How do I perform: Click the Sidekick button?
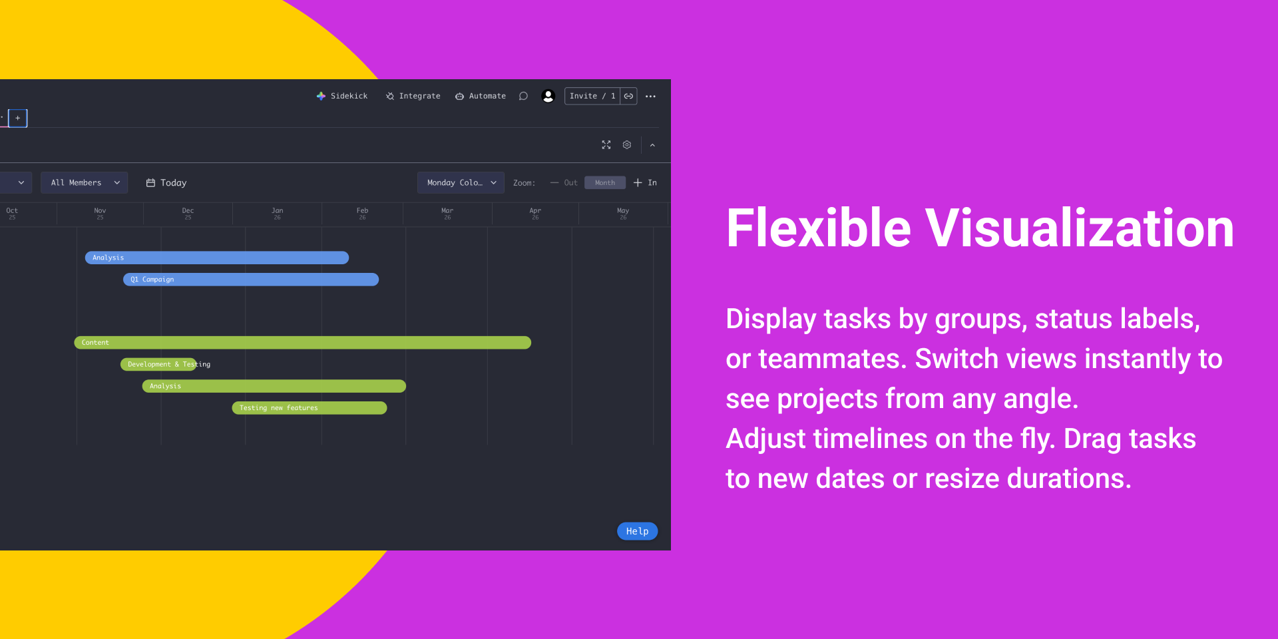pos(342,96)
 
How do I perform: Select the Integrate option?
pos(413,96)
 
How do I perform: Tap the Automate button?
pos(481,96)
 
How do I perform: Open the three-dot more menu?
pos(650,97)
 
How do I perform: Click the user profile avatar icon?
pos(548,96)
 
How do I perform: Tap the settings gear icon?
pos(627,144)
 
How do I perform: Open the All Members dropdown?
pos(84,182)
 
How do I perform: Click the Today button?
pos(166,182)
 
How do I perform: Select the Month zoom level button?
pos(605,182)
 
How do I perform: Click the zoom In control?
pos(645,182)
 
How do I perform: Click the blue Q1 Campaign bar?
pos(251,280)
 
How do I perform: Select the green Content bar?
pos(303,343)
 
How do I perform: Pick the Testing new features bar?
pos(310,408)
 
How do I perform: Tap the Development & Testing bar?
pos(158,364)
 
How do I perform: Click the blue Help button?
pos(637,531)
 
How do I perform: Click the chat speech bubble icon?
pos(523,96)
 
